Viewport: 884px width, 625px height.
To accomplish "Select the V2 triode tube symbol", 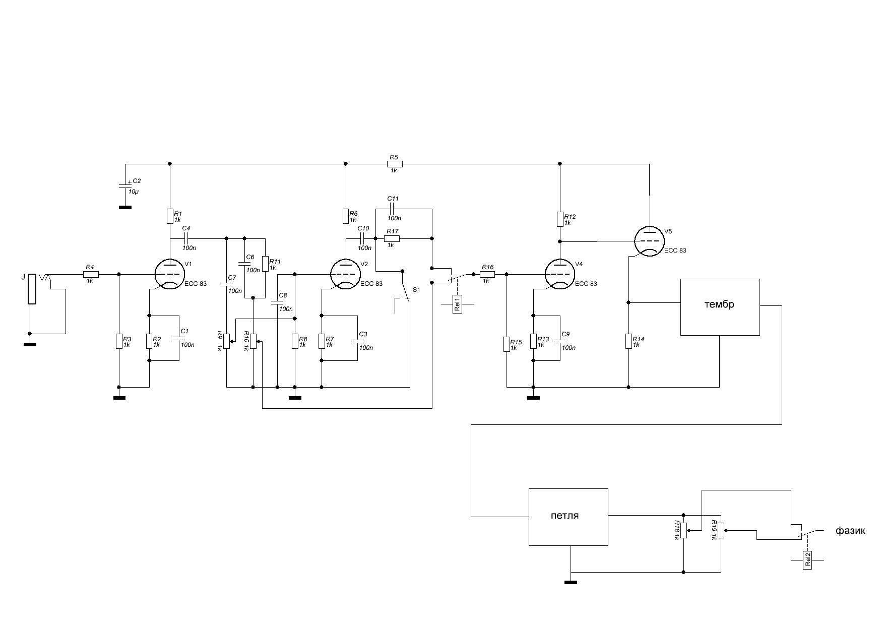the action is (x=345, y=274).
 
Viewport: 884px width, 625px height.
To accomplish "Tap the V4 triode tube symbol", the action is (x=560, y=274).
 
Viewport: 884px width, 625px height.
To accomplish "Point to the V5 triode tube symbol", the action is (x=649, y=241).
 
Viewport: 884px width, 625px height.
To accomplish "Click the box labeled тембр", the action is (x=720, y=307).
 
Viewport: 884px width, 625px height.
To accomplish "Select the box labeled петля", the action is (x=568, y=517).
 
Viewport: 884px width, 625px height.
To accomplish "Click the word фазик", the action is (x=850, y=531).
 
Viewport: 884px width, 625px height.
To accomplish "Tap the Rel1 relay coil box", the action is (x=457, y=304).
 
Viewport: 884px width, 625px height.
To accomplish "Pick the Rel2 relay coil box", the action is (x=807, y=560).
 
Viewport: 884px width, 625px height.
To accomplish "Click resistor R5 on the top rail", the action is (x=395, y=163).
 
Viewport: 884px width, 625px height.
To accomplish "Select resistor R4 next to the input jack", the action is (x=91, y=274).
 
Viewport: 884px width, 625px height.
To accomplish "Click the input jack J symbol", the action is (x=32, y=289).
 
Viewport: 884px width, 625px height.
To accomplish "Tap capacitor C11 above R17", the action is (x=394, y=209).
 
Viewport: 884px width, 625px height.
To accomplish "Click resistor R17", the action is (x=393, y=238).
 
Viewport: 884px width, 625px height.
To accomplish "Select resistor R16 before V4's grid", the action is (x=487, y=274).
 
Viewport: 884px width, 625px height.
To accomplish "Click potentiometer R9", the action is (x=227, y=341).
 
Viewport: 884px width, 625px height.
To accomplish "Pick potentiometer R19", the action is (x=721, y=530).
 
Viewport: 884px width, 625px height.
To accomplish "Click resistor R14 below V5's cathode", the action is (x=628, y=341).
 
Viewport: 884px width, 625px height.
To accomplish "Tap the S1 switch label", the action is (x=416, y=290).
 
